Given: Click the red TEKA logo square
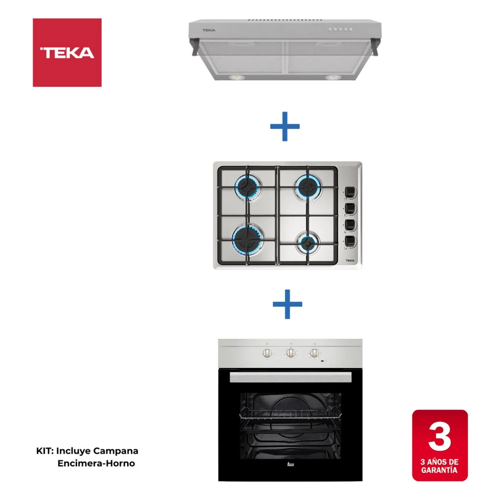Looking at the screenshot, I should pyautogui.click(x=67, y=52).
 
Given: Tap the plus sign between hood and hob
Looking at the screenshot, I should pyautogui.click(x=285, y=126).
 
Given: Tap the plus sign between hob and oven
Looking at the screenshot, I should pyautogui.click(x=287, y=304).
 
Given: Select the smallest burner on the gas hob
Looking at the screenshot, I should pyautogui.click(x=308, y=242).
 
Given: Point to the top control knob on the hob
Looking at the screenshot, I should pyautogui.click(x=350, y=192).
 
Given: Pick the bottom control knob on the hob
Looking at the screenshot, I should pyautogui.click(x=350, y=241).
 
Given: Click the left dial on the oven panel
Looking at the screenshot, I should pyautogui.click(x=267, y=353).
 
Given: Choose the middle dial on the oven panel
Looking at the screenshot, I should pyautogui.click(x=290, y=353).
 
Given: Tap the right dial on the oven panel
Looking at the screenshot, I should pyautogui.click(x=314, y=353).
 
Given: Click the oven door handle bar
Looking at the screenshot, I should pyautogui.click(x=290, y=378).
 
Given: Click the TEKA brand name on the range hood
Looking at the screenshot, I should pyautogui.click(x=209, y=30).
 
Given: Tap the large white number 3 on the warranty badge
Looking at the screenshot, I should pyautogui.click(x=440, y=437).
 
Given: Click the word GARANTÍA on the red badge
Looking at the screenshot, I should pyautogui.click(x=439, y=470).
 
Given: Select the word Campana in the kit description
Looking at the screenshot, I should pyautogui.click(x=115, y=451).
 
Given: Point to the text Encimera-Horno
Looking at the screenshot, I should pyautogui.click(x=96, y=464).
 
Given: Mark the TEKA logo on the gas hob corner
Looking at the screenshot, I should pyautogui.click(x=350, y=261).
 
